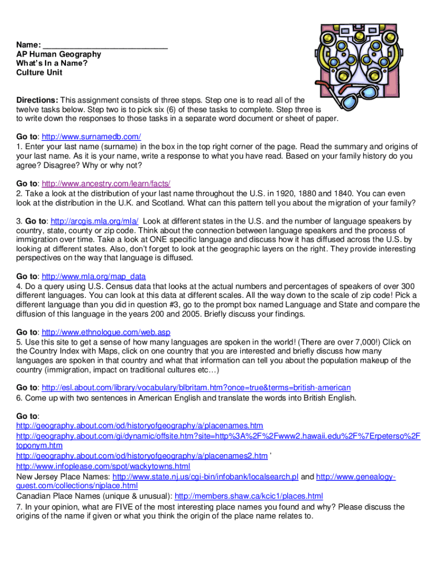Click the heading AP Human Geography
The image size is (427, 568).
tap(58, 54)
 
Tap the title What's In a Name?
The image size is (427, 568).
tap(52, 63)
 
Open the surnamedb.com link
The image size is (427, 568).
tap(91, 136)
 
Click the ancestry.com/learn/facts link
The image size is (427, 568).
tap(106, 184)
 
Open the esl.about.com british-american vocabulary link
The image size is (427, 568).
tap(196, 388)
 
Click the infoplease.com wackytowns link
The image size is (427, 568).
tap(103, 466)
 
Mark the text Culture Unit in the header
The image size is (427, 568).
tap(39, 72)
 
